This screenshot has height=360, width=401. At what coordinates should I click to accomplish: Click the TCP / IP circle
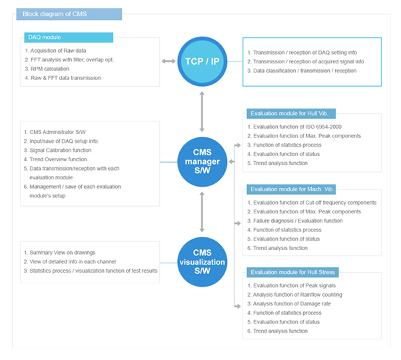(x=202, y=61)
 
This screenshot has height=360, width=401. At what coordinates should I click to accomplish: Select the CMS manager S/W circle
(x=202, y=162)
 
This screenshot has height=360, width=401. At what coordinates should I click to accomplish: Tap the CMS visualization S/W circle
(x=202, y=262)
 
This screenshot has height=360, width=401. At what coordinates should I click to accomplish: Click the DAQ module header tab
(x=69, y=37)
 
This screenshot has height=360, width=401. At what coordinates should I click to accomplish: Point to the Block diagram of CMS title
(x=69, y=14)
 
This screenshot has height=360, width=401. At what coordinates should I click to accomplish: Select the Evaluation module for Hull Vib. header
(x=291, y=113)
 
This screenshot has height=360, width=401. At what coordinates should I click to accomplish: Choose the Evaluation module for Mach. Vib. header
(x=291, y=189)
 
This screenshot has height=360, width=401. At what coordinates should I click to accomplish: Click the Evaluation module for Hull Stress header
(x=292, y=272)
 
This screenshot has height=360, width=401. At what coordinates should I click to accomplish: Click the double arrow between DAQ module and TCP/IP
(x=169, y=61)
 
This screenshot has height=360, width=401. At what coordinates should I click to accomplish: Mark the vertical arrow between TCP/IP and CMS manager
(x=202, y=111)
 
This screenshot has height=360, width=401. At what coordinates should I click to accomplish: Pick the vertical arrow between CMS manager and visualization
(x=202, y=212)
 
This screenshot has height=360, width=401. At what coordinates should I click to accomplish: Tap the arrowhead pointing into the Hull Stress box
(x=238, y=306)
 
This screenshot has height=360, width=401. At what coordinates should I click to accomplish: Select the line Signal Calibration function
(x=57, y=150)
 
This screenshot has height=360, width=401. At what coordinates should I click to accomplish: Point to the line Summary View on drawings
(x=59, y=253)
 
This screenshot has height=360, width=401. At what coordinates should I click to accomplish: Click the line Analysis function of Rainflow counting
(x=294, y=295)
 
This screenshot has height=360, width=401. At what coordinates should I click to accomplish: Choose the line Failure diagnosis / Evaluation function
(x=295, y=221)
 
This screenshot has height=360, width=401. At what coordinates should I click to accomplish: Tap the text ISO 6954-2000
(x=324, y=127)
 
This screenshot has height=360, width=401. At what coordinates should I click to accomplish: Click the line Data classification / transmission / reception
(x=302, y=71)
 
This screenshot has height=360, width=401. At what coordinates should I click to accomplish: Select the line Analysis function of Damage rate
(x=289, y=304)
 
